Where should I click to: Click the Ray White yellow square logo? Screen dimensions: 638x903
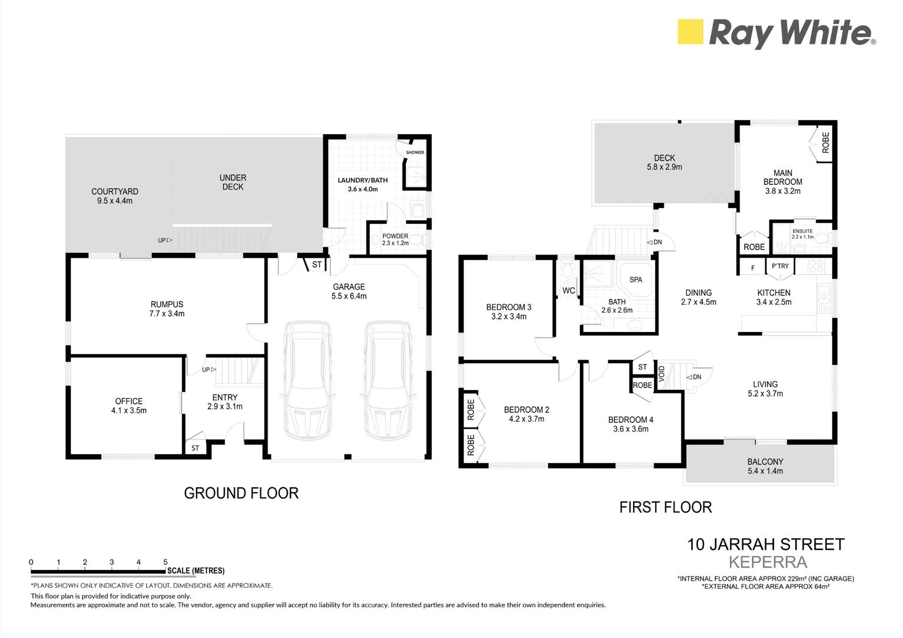[x=690, y=32]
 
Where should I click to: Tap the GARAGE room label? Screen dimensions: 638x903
[x=349, y=287]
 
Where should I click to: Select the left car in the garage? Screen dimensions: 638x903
[x=307, y=380]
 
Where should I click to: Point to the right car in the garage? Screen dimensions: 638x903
[x=387, y=380]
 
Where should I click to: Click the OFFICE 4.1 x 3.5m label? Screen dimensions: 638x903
[x=129, y=406]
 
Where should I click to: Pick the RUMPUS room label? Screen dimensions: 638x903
[x=167, y=305]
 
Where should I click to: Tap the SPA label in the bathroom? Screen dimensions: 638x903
[x=635, y=279]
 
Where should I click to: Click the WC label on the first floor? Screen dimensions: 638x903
[x=568, y=291]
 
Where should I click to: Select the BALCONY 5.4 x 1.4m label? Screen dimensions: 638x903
[x=765, y=466]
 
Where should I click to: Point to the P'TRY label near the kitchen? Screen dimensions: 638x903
[x=780, y=266]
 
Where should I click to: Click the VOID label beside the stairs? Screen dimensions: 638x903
[x=662, y=373]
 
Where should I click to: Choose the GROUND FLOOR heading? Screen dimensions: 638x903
[x=241, y=493]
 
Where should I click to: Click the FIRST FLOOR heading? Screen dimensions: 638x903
[x=665, y=507]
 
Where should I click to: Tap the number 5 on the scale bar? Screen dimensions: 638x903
[x=165, y=562]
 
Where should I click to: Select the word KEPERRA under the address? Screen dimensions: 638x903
[x=768, y=562]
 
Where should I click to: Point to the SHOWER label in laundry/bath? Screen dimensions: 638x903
[x=415, y=152]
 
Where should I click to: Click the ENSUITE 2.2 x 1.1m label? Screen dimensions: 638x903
[x=802, y=234]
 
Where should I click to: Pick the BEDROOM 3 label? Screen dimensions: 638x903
[x=508, y=307]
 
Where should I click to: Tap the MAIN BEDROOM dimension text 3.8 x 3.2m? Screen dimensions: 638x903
[x=783, y=191]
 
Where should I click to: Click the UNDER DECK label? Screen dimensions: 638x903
[x=233, y=182]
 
